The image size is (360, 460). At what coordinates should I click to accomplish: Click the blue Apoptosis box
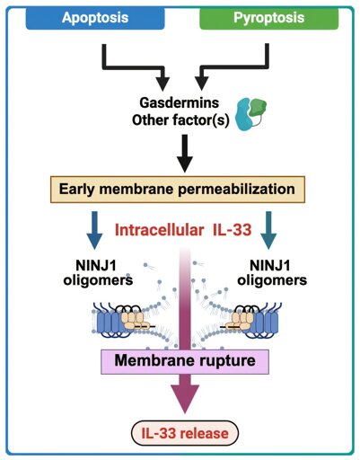95,19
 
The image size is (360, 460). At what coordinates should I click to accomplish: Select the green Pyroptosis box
268,19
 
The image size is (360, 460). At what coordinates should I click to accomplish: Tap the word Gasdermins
180,102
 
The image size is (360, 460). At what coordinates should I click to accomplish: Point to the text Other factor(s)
180,120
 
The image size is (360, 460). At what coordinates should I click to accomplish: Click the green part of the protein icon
259,109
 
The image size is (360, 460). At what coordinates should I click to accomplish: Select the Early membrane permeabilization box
178,190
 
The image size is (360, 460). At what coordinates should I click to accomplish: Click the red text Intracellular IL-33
183,230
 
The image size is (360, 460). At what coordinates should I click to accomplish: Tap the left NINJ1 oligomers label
98,273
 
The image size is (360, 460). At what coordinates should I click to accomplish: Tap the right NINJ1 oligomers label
272,273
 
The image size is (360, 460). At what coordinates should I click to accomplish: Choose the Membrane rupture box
185,361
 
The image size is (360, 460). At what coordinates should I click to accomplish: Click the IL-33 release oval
185,433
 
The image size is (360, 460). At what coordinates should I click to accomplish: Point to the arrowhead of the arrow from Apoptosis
162,84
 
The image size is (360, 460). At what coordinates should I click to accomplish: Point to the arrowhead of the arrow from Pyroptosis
202,84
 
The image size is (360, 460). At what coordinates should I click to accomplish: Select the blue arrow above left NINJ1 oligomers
94,230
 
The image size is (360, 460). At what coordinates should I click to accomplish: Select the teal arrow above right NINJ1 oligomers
268,230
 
